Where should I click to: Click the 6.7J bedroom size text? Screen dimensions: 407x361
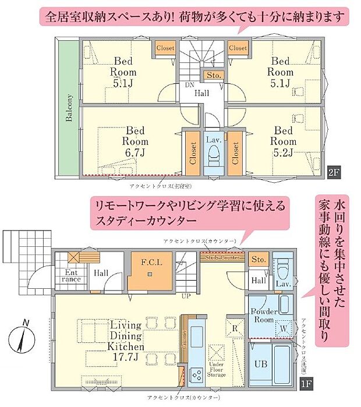tap(135, 152)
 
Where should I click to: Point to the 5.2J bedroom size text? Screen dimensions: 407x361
tap(284, 152)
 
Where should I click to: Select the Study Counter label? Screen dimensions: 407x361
tap(221, 257)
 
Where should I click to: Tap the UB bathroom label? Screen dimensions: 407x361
tap(261, 365)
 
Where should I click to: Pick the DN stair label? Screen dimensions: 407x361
tap(189, 85)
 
